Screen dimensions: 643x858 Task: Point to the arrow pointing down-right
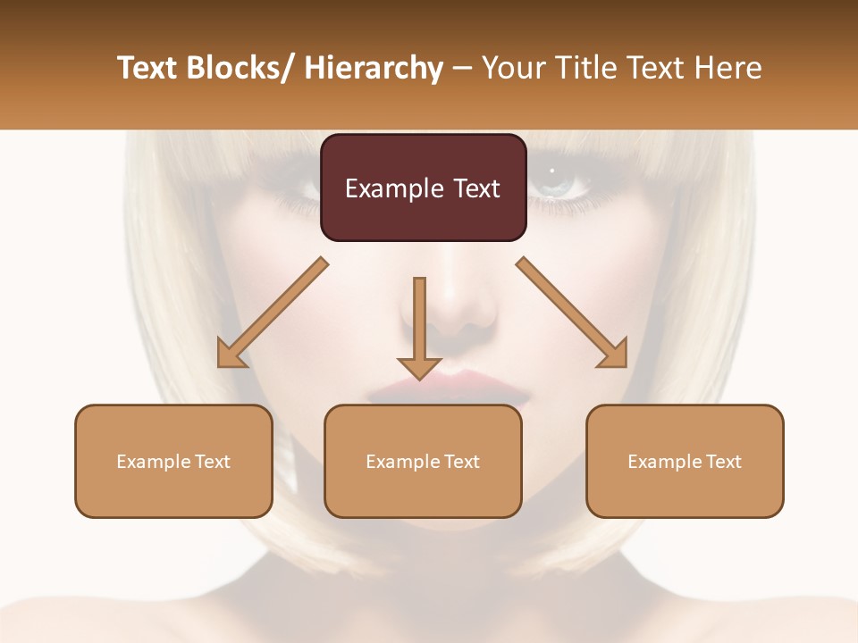572,313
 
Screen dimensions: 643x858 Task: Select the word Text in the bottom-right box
723,462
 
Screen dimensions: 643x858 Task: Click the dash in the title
462,68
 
